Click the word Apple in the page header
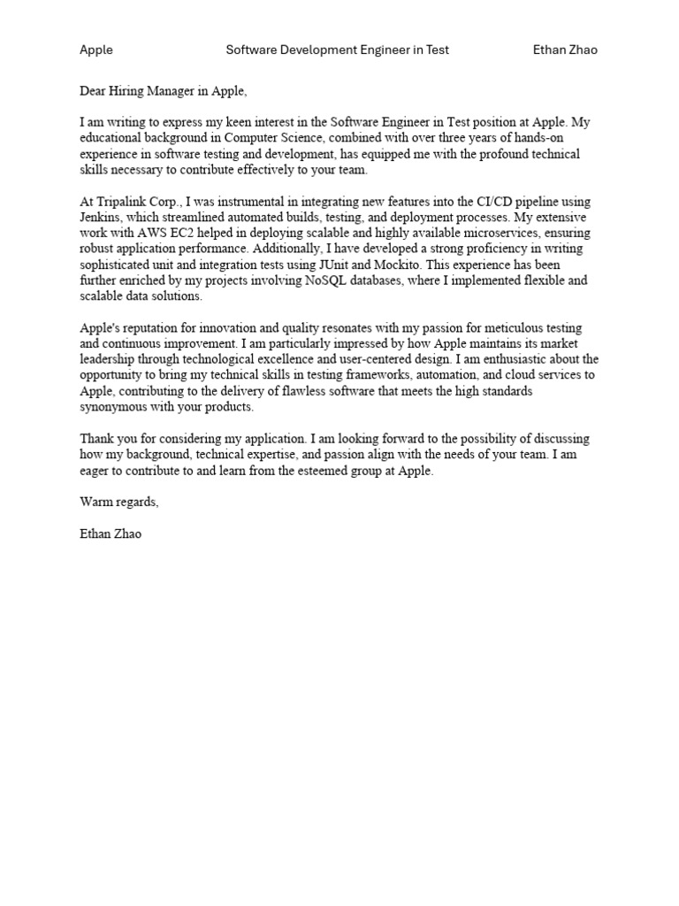pos(96,50)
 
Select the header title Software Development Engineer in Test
pos(337,50)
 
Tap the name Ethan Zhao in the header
pos(565,50)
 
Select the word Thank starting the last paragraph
pos(96,439)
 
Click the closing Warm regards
pos(119,502)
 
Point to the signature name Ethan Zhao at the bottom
pos(111,534)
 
